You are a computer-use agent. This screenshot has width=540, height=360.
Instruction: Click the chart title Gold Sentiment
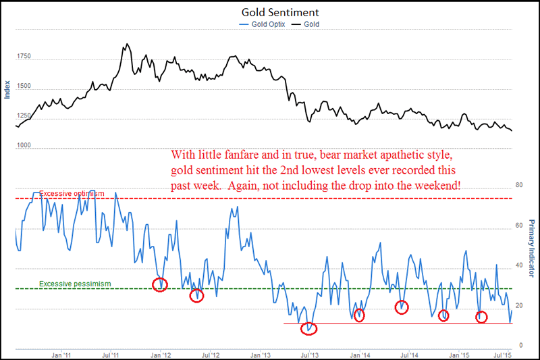(x=270, y=12)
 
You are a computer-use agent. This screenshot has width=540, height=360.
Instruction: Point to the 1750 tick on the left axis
(x=24, y=57)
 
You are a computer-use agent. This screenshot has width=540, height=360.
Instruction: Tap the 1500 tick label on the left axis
(x=24, y=87)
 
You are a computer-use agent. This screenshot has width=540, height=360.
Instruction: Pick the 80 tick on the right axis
(x=519, y=184)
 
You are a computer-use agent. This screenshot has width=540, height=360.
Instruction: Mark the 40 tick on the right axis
(x=519, y=265)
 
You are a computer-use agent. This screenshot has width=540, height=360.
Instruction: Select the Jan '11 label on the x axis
(x=61, y=354)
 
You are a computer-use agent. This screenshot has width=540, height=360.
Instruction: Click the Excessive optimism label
(x=72, y=194)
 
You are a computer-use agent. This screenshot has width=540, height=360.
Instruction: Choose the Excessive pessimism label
(x=74, y=284)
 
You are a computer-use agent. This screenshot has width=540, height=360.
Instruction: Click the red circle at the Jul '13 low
(x=308, y=329)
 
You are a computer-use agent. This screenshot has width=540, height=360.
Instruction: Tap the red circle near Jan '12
(x=159, y=284)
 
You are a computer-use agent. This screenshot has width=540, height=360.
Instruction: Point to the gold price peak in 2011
(x=126, y=45)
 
